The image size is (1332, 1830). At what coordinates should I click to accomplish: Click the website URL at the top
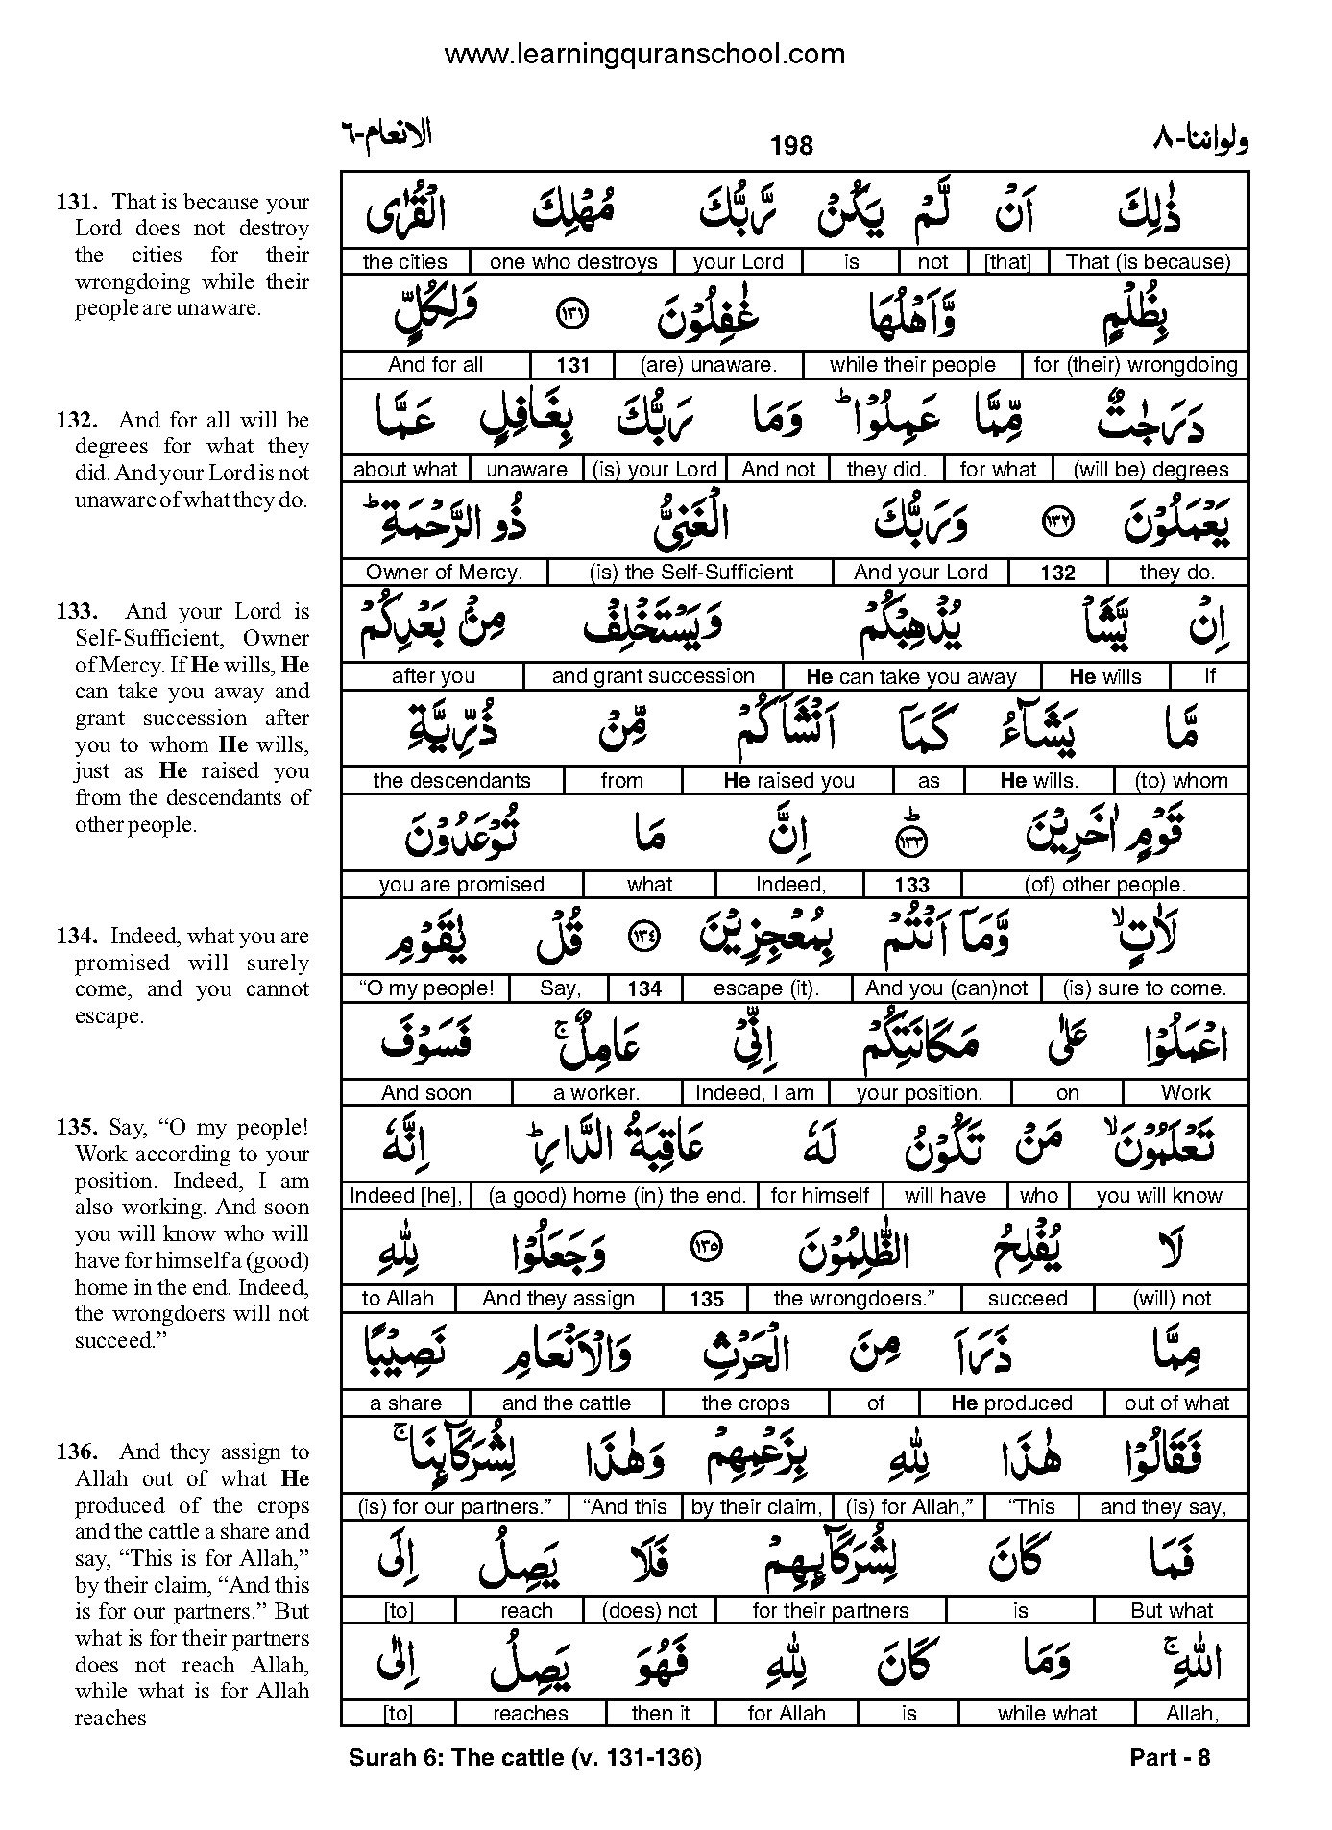pos(644,55)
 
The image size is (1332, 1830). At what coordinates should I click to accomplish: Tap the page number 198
pos(791,145)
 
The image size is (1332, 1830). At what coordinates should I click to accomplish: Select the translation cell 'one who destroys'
pos(572,261)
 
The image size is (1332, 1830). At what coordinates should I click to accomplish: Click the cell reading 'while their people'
pos(912,365)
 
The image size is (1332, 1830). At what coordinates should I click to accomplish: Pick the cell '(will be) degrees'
pos(1150,470)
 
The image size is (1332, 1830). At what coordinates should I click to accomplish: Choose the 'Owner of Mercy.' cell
pos(444,573)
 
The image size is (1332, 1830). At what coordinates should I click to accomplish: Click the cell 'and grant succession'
pos(653,676)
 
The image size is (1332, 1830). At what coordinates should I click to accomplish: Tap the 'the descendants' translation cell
pos(451,781)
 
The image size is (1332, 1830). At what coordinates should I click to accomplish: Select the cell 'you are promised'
pos(461,885)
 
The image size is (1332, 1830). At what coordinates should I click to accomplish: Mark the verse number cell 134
pos(644,989)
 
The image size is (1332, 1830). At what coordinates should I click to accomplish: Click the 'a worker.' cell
pos(595,1092)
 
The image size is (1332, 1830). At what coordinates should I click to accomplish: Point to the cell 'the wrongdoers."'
pos(854,1299)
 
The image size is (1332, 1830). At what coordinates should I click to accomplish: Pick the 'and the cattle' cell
pos(566,1403)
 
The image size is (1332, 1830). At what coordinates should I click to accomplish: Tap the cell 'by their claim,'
pos(756,1507)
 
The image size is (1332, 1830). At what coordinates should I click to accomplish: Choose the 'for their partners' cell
pos(831,1610)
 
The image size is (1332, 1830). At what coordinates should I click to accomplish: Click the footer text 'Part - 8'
pos(1170,1758)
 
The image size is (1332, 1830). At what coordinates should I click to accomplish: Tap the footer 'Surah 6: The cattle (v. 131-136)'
pos(525,1758)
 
